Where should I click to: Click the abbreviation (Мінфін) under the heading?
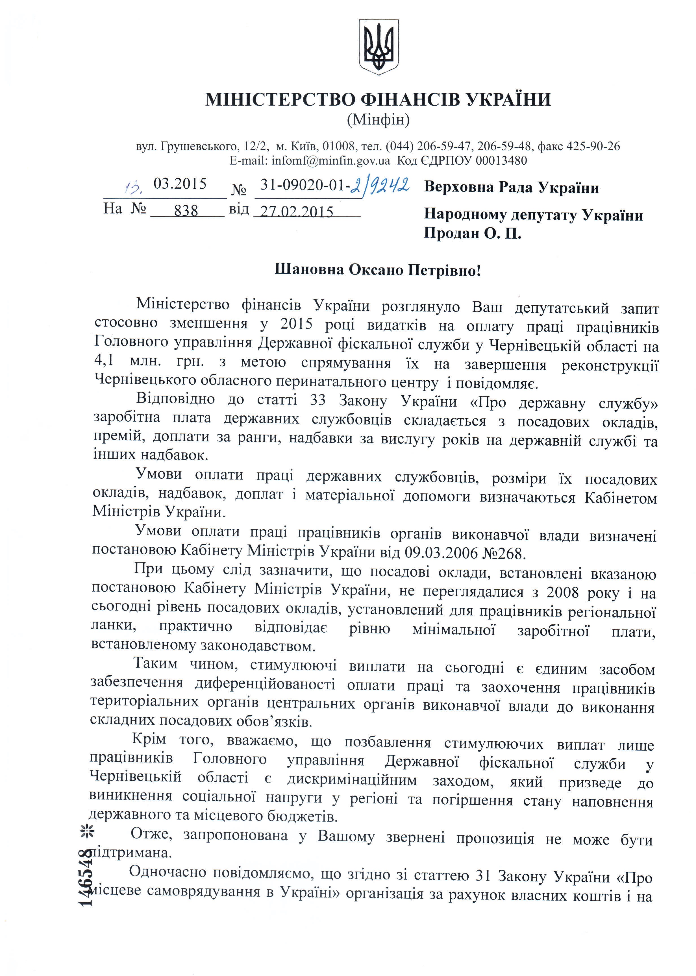click(x=378, y=120)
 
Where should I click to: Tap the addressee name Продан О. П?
click(x=472, y=234)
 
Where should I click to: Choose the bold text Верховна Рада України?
click(x=511, y=188)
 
